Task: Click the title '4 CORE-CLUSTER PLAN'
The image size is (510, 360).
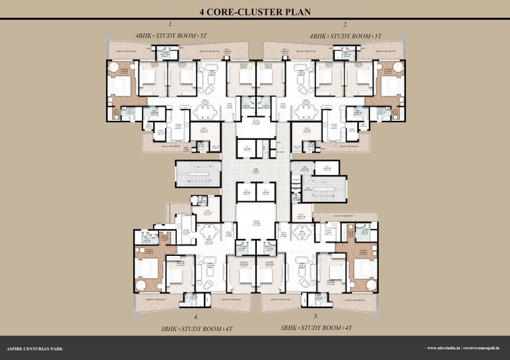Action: (x=255, y=11)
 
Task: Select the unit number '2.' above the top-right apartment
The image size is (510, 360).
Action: (x=345, y=24)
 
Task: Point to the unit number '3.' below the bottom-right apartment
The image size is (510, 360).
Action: (x=315, y=315)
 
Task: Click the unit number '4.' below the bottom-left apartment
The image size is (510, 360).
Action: (x=196, y=316)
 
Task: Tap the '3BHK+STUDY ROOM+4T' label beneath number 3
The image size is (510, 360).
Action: (x=316, y=328)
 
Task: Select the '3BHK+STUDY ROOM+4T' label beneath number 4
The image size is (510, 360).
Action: (x=197, y=328)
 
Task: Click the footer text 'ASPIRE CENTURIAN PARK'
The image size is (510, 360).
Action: (x=34, y=349)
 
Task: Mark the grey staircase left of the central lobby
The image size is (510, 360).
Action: (x=197, y=174)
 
